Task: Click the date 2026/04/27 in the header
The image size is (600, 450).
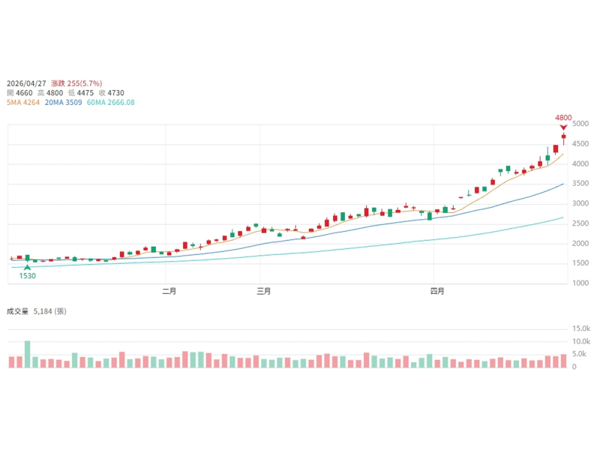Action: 27,83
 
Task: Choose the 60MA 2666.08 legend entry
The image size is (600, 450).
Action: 112,103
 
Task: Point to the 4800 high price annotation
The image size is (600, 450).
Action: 563,118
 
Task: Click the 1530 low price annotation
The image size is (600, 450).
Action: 28,276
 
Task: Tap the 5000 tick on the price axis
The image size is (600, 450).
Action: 580,124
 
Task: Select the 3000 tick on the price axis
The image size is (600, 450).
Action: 580,203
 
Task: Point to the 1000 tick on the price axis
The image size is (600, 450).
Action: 580,283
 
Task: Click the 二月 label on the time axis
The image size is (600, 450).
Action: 169,292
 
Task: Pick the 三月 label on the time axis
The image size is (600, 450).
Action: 263,292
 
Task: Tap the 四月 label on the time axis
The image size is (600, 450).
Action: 437,292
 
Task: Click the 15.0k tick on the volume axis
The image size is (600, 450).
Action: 581,328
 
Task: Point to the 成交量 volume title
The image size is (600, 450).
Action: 17,310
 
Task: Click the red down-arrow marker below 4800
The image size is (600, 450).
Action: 563,127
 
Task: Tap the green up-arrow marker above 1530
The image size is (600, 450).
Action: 28,267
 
